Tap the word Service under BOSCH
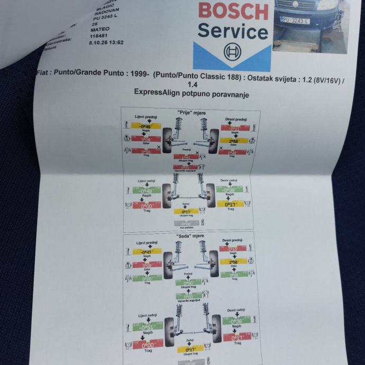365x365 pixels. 233,32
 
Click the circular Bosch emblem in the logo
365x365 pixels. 232,53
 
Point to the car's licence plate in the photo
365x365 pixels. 295,20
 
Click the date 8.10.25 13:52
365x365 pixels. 106,42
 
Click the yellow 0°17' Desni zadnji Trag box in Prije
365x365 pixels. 230,204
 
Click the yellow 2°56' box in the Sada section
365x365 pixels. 233,262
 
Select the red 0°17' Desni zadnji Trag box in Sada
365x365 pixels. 233,337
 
